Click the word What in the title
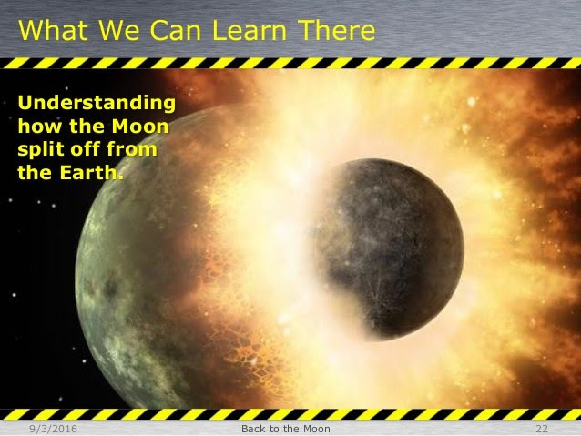click(x=53, y=30)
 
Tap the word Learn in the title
click(x=250, y=30)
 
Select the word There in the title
click(x=336, y=30)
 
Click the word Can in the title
click(x=175, y=30)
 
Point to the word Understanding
click(x=97, y=104)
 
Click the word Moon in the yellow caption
click(x=140, y=126)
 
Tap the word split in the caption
click(x=40, y=150)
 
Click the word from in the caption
click(x=131, y=149)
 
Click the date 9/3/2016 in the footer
click(x=54, y=429)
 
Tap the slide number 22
click(x=541, y=429)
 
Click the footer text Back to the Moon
click(x=286, y=429)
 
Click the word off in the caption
click(x=85, y=149)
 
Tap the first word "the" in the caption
click(x=87, y=126)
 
